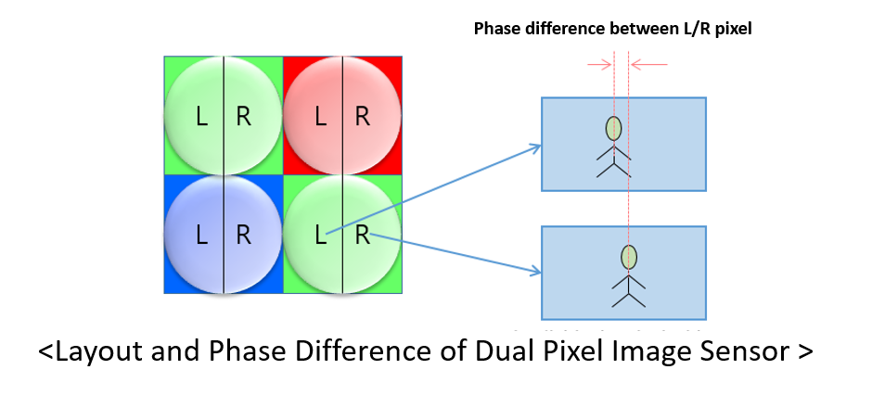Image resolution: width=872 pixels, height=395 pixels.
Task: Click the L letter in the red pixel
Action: click(322, 117)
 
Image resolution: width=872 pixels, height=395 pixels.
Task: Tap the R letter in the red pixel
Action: click(363, 117)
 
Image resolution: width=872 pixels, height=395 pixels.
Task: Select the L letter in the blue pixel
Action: click(202, 236)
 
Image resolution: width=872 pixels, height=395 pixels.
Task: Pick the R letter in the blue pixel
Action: click(243, 236)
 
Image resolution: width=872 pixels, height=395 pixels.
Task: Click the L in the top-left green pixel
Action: click(202, 117)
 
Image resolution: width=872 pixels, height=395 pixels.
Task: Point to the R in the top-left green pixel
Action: click(243, 117)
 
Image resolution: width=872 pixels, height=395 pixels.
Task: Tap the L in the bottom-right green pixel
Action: click(322, 236)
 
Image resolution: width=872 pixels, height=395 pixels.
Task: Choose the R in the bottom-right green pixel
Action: click(363, 236)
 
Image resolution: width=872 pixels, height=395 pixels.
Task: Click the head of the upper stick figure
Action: click(613, 129)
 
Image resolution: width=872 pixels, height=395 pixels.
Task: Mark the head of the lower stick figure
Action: click(630, 257)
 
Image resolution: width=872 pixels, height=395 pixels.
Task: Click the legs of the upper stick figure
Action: click(613, 168)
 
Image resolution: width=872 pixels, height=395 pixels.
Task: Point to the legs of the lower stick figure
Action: click(630, 297)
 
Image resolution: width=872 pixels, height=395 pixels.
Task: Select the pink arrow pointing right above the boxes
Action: click(598, 64)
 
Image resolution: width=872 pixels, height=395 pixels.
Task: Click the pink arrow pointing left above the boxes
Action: click(649, 64)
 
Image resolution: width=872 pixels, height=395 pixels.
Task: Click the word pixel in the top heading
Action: click(730, 28)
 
